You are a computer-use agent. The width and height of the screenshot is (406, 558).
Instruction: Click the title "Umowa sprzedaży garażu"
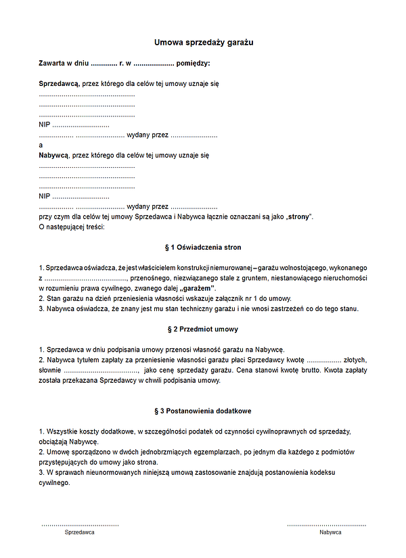click(203, 42)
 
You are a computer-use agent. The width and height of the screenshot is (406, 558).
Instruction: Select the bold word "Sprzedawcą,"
click(59, 84)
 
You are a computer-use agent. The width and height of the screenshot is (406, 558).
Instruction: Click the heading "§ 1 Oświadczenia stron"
click(203, 247)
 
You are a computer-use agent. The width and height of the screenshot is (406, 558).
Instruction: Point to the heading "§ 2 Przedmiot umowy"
click(203, 329)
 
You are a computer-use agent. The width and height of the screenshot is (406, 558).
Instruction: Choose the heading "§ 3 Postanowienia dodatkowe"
click(203, 411)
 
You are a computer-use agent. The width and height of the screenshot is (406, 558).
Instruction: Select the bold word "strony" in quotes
click(298, 216)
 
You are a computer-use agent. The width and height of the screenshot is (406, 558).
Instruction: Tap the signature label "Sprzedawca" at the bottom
click(79, 533)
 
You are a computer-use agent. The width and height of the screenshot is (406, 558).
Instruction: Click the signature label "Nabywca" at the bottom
click(330, 533)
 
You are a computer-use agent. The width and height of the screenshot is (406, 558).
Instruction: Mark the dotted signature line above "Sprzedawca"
click(79, 524)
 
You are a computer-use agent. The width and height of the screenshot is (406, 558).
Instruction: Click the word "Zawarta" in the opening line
click(52, 63)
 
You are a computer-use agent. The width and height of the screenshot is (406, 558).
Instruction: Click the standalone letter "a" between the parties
click(41, 145)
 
